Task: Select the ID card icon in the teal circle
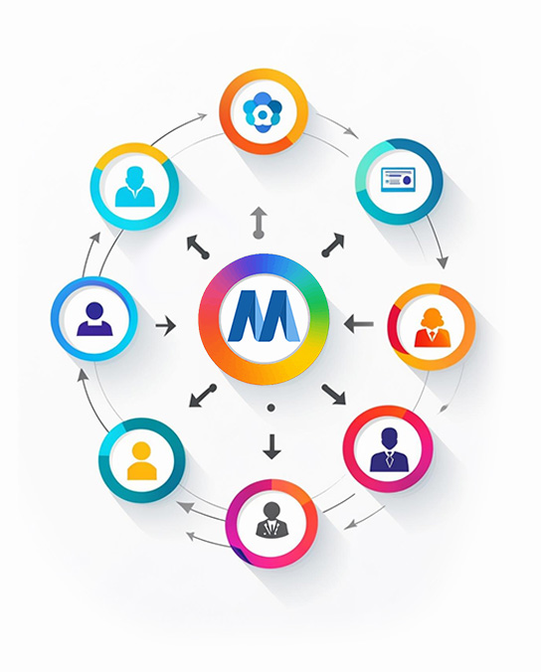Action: pyautogui.click(x=398, y=179)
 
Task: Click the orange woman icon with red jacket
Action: pyautogui.click(x=432, y=328)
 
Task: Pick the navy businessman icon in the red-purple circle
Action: pyautogui.click(x=388, y=450)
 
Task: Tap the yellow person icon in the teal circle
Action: pyautogui.click(x=141, y=459)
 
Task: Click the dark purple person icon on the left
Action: pyautogui.click(x=94, y=318)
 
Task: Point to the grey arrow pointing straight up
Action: pyautogui.click(x=259, y=219)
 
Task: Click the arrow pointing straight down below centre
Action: pyautogui.click(x=271, y=447)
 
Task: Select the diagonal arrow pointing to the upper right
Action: pyautogui.click(x=332, y=245)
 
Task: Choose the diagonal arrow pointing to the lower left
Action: pyautogui.click(x=203, y=396)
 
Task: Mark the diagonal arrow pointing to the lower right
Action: pyautogui.click(x=334, y=394)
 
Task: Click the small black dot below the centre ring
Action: pyautogui.click(x=270, y=408)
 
